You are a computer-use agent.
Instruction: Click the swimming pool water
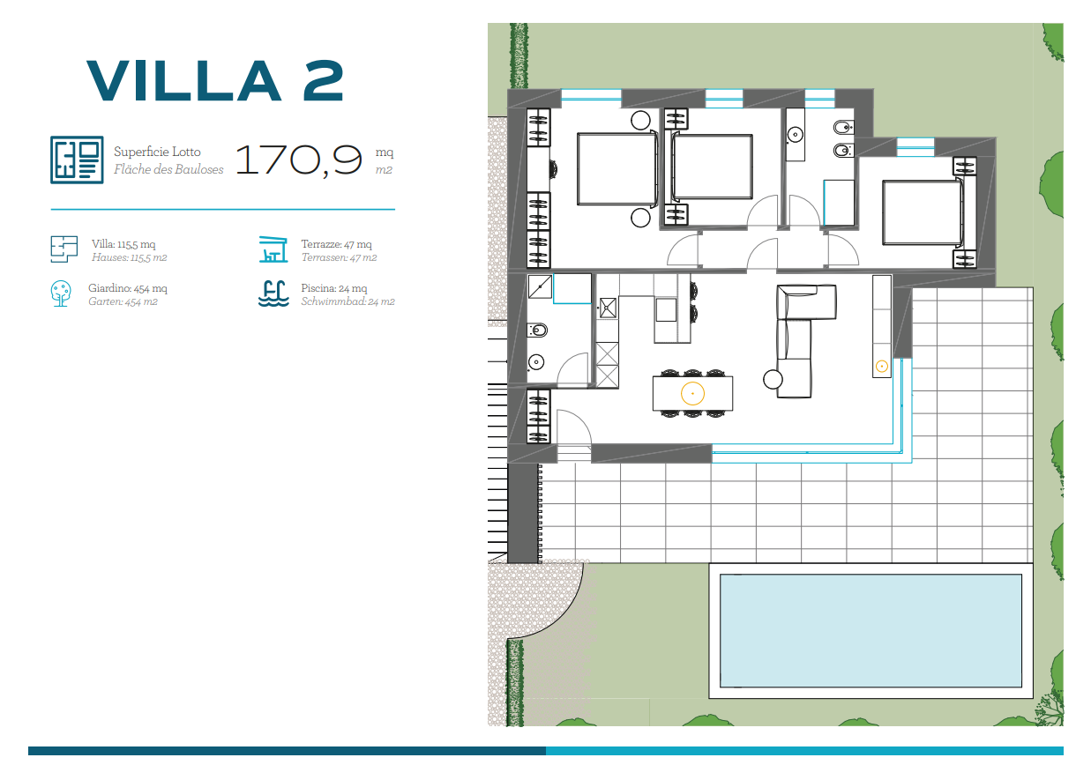point(871,631)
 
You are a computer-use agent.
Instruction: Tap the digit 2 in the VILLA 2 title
point(323,81)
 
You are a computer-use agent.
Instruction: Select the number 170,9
point(299,160)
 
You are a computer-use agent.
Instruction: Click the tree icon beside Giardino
point(61,293)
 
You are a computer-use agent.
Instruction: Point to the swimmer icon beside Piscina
point(273,294)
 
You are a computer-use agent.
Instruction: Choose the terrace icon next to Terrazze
point(273,249)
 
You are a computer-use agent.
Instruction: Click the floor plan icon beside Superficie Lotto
point(77,160)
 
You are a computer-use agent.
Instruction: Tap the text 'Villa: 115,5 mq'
point(123,244)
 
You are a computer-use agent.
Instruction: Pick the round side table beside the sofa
point(773,380)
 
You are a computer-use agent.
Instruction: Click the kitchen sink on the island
point(666,310)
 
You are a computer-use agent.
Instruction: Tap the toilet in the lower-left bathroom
point(538,331)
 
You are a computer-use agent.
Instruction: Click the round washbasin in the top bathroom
point(796,134)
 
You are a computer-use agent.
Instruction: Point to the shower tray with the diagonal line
point(540,286)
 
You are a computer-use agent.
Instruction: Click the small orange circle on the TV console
point(882,367)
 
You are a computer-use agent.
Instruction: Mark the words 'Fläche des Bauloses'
point(168,169)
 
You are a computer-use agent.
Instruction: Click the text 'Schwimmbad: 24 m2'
point(347,301)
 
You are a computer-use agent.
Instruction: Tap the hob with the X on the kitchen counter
point(608,308)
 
